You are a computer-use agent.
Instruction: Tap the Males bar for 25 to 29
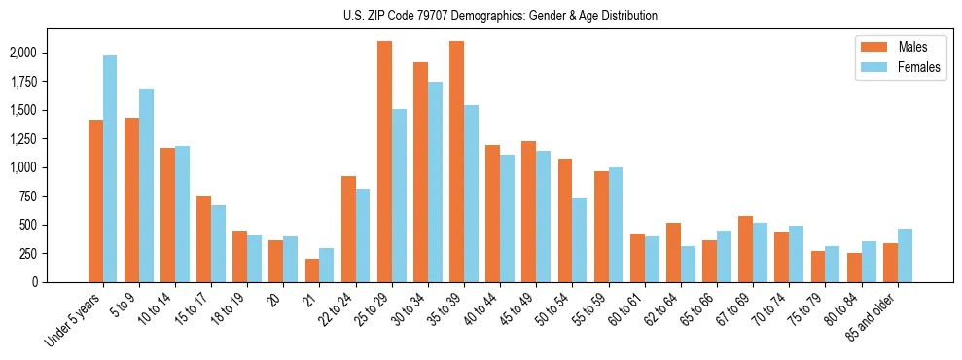[x=384, y=162]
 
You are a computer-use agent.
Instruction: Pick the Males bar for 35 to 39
[x=456, y=162]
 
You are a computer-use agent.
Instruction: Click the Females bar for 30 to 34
[x=435, y=182]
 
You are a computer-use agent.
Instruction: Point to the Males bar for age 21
[x=312, y=270]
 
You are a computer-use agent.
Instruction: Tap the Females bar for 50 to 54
[x=579, y=239]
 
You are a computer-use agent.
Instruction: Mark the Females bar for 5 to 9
[x=146, y=185]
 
